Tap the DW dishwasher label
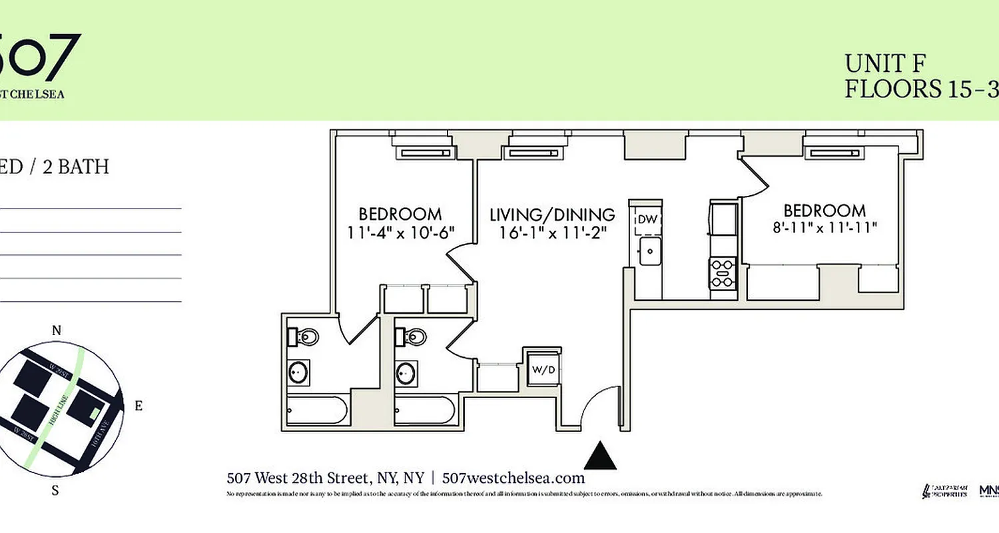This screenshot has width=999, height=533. click(x=647, y=219)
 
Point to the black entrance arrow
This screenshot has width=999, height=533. click(x=600, y=456)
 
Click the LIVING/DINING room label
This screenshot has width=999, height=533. click(x=552, y=215)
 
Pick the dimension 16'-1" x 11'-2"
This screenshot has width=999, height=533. click(x=552, y=233)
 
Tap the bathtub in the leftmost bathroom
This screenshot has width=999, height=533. click(x=316, y=410)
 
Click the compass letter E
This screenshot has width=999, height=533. click(x=138, y=406)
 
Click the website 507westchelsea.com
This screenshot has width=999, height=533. click(x=513, y=478)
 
